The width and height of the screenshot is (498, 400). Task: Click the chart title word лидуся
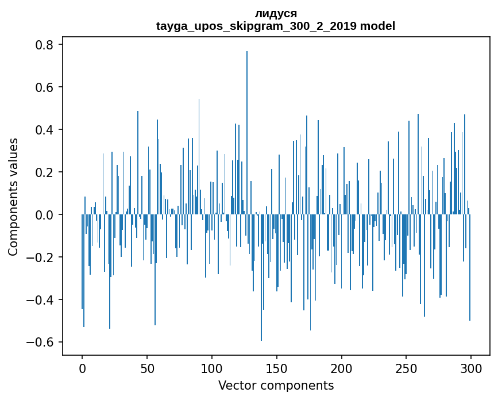pos(276,14)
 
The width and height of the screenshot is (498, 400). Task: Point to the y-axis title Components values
pos(13,197)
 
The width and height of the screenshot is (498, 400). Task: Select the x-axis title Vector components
pos(276,385)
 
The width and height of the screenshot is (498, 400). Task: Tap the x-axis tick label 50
pos(147,368)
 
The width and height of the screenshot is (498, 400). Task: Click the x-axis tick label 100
pos(212,368)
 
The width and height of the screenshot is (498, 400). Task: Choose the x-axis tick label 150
pos(277,368)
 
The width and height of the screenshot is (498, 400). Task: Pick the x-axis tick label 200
pos(342,368)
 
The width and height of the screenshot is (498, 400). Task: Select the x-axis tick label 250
pos(406,368)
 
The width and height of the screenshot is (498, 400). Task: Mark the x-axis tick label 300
pos(471,368)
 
